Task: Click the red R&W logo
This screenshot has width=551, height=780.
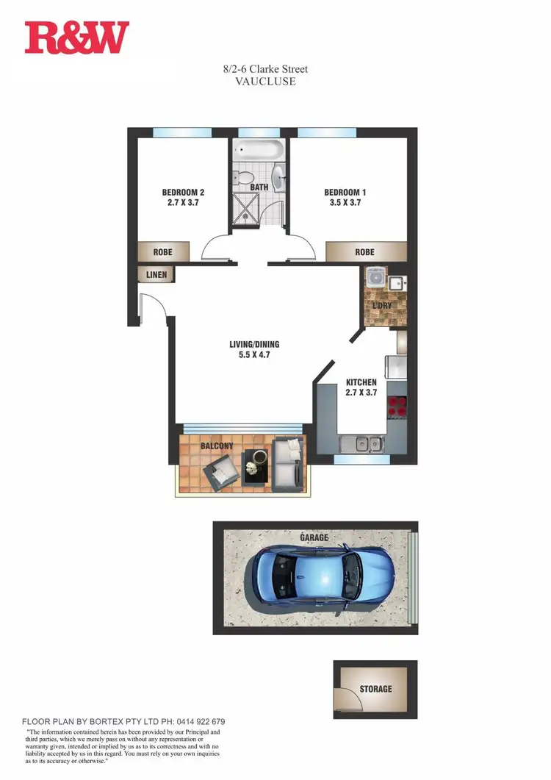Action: [x=76, y=37]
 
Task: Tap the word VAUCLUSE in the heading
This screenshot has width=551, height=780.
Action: [x=266, y=82]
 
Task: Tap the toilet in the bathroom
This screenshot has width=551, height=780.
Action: [x=242, y=177]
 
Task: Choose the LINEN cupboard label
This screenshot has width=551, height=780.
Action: [x=156, y=275]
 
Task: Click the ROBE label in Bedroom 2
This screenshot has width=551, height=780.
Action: [x=162, y=252]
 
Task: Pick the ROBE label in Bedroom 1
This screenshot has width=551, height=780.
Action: [x=364, y=252]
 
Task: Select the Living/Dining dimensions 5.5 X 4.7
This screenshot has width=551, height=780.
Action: [x=254, y=354]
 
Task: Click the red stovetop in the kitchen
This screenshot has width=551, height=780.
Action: [x=397, y=406]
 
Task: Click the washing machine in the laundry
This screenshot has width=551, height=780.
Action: [x=376, y=279]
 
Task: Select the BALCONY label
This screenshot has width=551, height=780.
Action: [x=217, y=446]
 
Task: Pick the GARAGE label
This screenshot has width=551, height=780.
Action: [x=314, y=537]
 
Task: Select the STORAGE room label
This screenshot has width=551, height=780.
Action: [x=375, y=689]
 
